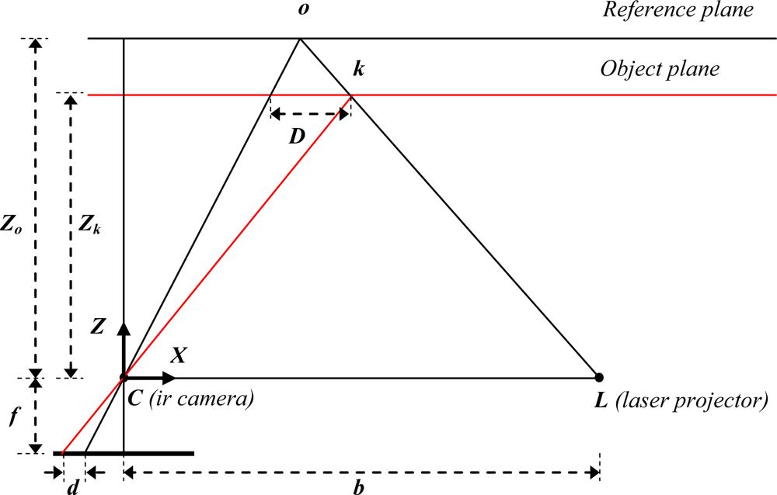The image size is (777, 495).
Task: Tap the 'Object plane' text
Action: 660,68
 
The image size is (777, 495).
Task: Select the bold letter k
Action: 358,69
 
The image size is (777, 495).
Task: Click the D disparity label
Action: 296,137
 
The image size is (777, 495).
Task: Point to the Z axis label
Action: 97,327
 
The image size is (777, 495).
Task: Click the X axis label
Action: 179,355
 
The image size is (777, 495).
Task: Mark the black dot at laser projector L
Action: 599,378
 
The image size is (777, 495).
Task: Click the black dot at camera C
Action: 123,378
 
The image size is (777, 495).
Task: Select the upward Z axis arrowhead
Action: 123,327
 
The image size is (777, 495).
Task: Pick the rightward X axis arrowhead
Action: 170,378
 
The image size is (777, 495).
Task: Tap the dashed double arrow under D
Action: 310,114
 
